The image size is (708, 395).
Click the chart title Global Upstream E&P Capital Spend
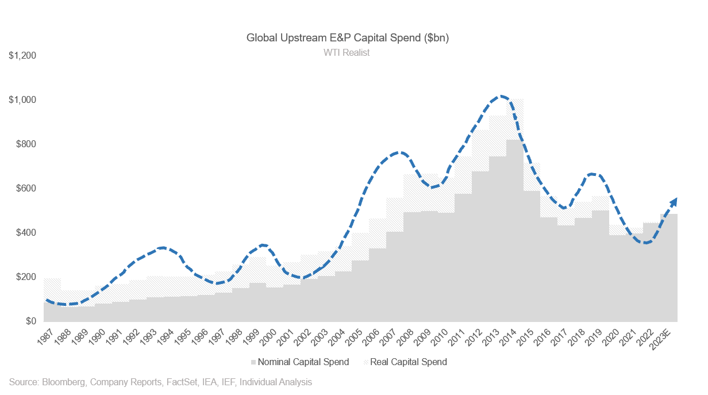(x=347, y=38)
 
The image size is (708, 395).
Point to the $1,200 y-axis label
(x=22, y=56)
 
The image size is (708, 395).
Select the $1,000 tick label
(x=22, y=100)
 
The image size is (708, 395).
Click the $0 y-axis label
(x=30, y=321)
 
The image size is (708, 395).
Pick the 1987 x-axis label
(x=51, y=335)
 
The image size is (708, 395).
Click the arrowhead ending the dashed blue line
(x=674, y=201)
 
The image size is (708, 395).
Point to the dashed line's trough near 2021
(x=647, y=243)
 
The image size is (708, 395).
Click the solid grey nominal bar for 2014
(x=514, y=230)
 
